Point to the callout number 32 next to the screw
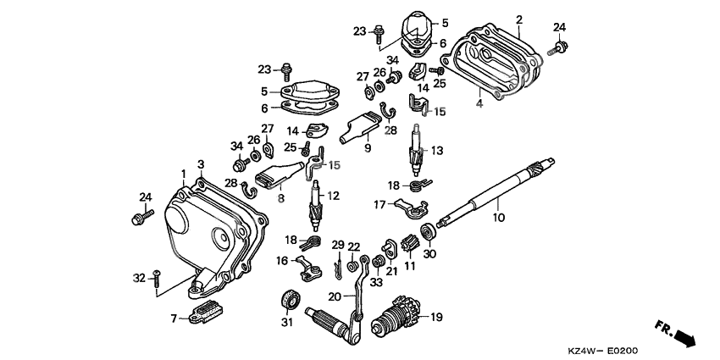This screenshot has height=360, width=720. (x=140, y=277)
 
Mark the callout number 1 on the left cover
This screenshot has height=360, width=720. (x=183, y=174)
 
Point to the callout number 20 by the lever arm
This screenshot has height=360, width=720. (x=336, y=296)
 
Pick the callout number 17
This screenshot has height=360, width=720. (x=379, y=204)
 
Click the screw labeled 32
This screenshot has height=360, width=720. (x=158, y=282)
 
